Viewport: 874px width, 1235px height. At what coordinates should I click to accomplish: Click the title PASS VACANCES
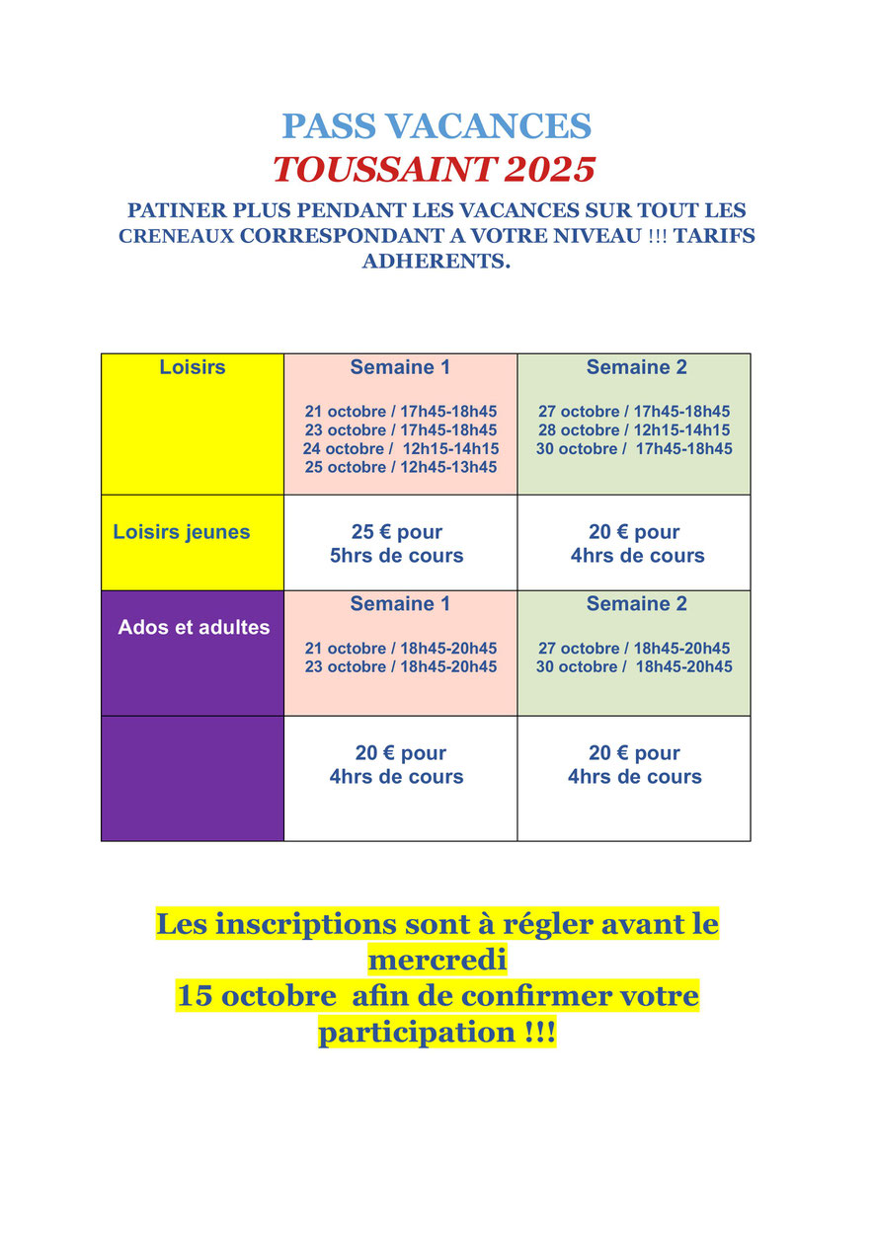[437, 126]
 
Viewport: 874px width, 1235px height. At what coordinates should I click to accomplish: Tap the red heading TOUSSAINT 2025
[435, 170]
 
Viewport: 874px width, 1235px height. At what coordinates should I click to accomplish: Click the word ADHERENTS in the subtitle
[437, 262]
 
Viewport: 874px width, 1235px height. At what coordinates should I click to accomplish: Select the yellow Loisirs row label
[193, 367]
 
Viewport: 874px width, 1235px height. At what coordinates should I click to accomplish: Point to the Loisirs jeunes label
[182, 532]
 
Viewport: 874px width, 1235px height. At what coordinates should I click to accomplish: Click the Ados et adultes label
[194, 627]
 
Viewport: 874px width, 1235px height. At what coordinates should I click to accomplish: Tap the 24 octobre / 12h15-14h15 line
[400, 448]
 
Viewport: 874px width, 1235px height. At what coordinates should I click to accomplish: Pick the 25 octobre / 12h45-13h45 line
[400, 467]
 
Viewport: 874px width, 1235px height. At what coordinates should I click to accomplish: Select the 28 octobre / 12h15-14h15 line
[634, 429]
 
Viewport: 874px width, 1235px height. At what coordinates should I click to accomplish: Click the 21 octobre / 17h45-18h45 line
[400, 411]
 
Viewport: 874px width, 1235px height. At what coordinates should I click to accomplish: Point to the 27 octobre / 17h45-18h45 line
[634, 411]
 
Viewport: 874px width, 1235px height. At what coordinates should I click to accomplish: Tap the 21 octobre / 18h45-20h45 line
[400, 648]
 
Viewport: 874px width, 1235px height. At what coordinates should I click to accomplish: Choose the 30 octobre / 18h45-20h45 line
[634, 666]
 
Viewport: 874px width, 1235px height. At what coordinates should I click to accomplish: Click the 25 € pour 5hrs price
[397, 544]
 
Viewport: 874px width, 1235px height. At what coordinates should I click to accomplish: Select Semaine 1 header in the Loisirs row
[400, 367]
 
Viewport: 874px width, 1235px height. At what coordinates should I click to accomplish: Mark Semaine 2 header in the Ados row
[636, 603]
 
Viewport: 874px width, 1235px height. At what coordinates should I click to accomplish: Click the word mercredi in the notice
[437, 960]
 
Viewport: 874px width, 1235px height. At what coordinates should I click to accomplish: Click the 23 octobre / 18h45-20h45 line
[400, 666]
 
